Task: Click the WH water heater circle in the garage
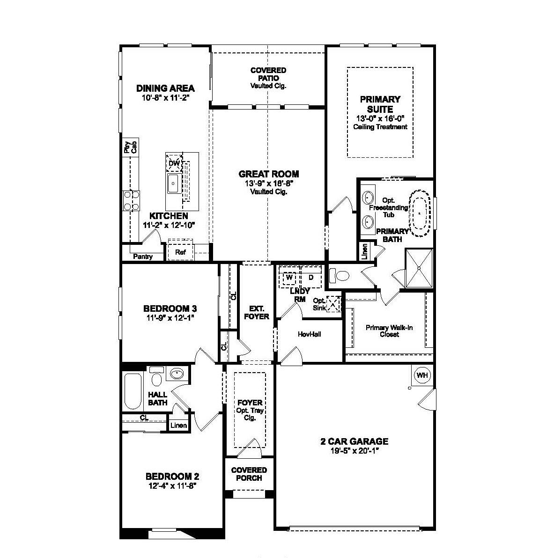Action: [422, 375]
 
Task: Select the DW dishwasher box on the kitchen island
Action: [174, 163]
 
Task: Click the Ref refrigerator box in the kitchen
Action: [181, 252]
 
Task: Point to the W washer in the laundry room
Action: [289, 277]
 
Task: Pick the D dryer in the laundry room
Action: [310, 277]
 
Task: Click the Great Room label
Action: [269, 174]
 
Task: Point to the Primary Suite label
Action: [380, 104]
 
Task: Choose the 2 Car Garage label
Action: [355, 441]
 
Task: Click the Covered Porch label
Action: [249, 474]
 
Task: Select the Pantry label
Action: [142, 257]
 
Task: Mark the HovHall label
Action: [310, 334]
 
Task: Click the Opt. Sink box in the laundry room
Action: [333, 304]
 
